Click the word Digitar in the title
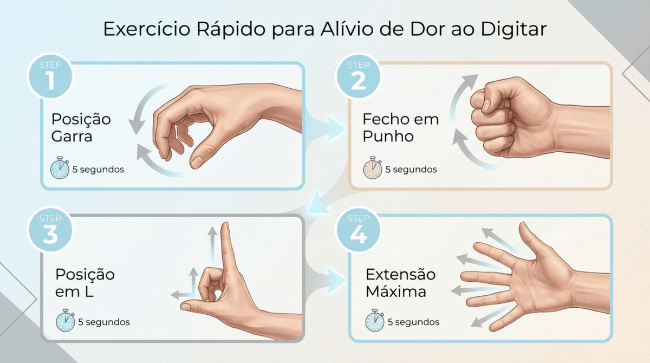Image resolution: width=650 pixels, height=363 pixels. click(x=513, y=29)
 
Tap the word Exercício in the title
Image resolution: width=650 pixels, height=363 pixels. click(x=147, y=29)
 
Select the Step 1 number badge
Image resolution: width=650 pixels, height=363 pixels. click(x=50, y=76)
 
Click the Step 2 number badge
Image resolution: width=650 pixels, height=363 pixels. click(x=359, y=76)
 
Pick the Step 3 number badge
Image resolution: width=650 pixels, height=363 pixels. click(x=50, y=229)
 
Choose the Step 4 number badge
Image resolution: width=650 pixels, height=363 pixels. click(x=359, y=229)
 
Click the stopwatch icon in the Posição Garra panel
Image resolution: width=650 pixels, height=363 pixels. click(x=60, y=168)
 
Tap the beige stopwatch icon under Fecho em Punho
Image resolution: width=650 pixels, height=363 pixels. click(x=373, y=168)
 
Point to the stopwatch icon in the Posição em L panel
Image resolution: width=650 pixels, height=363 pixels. click(x=66, y=320)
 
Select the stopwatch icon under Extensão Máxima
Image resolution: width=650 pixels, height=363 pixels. click(x=375, y=320)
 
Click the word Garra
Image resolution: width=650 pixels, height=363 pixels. click(x=71, y=137)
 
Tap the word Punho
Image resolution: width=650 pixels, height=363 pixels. click(x=388, y=137)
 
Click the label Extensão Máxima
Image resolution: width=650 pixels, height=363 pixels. click(x=400, y=283)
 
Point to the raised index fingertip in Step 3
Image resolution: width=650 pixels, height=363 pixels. click(x=226, y=225)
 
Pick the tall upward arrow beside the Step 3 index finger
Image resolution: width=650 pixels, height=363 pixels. click(x=212, y=245)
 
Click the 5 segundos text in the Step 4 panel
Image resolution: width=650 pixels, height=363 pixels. click(x=413, y=322)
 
